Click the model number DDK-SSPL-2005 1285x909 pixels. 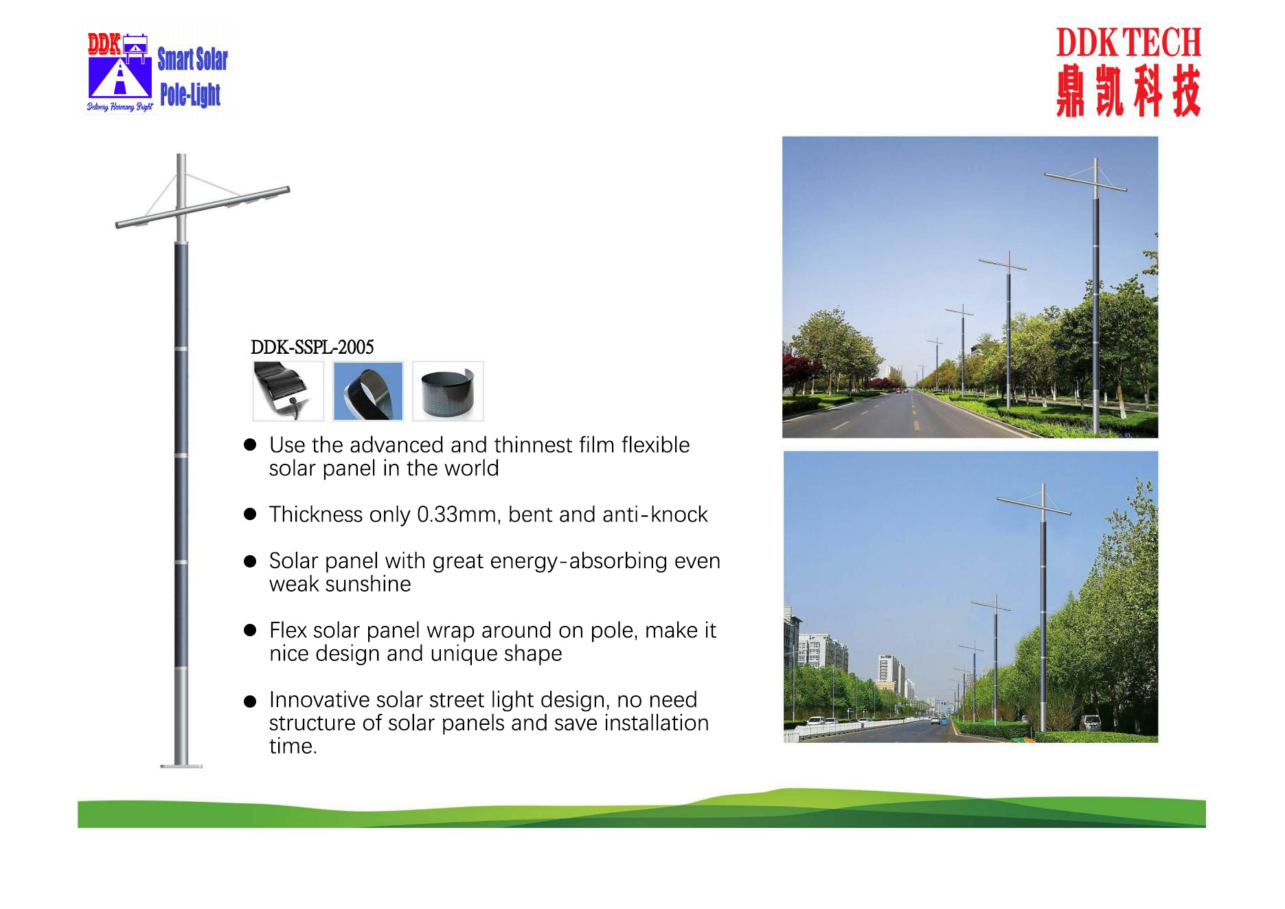312,347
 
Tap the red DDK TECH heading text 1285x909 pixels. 1128,43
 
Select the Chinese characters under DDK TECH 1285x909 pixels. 1128,90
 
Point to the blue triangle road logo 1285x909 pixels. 120,77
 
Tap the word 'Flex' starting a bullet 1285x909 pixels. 287,630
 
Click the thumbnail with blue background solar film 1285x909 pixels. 368,391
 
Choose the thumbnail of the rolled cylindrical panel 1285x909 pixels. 448,391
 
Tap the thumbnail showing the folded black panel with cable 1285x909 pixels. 288,391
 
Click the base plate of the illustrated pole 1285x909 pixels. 181,765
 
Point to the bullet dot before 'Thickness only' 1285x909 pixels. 250,515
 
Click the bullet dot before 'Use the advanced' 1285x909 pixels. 250,445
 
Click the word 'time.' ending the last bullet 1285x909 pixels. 293,746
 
